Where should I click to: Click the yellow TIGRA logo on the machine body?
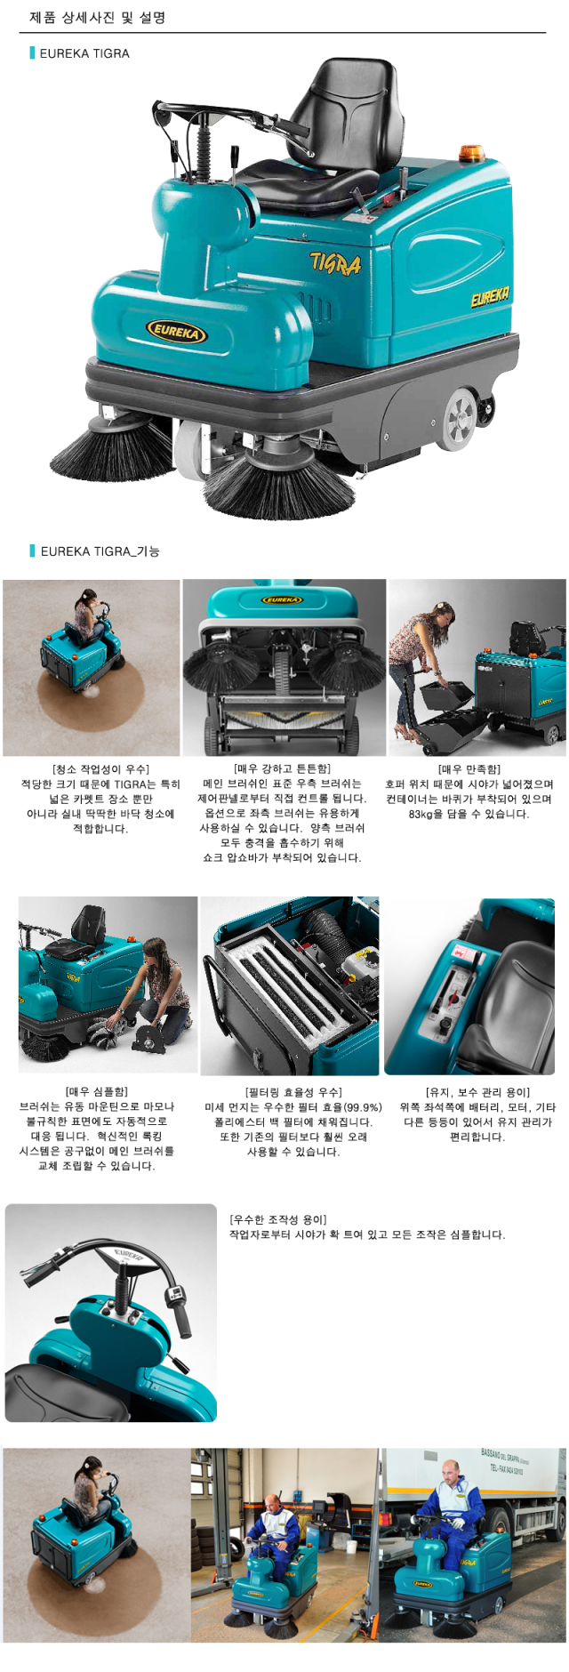coord(335,262)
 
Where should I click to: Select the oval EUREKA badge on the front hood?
coord(176,332)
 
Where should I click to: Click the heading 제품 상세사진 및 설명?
coord(97,17)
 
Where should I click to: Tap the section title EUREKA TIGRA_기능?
coord(100,551)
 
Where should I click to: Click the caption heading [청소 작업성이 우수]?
coord(100,769)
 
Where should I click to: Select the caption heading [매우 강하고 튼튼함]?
coord(282,768)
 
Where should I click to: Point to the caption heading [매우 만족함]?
coord(469,769)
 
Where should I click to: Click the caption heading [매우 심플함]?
coord(97,1091)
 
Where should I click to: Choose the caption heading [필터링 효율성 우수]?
coord(293,1092)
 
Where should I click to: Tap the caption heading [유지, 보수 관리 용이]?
coord(477,1092)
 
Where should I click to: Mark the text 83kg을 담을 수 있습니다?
coord(469,814)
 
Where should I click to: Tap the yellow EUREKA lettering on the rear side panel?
coord(490,296)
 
